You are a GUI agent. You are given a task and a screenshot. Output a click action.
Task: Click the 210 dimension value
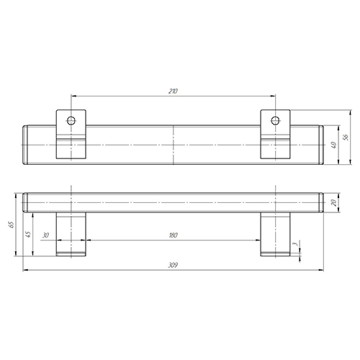coord(173,91)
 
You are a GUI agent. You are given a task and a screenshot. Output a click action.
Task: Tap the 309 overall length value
coord(173,265)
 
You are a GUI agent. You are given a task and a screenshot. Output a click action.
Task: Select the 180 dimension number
coord(173,235)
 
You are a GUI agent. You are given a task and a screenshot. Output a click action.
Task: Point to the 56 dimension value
coord(346,137)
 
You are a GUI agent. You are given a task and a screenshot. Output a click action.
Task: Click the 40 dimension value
coord(334,145)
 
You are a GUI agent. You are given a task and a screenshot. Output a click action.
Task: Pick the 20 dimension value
coord(334,203)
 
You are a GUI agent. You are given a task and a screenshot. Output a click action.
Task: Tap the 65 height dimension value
coord(12,225)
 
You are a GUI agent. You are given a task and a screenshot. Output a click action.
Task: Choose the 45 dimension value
coord(28,234)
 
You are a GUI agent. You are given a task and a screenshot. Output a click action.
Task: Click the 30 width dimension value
coord(45,235)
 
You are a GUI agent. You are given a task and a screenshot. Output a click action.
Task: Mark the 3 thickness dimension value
coord(295,244)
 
